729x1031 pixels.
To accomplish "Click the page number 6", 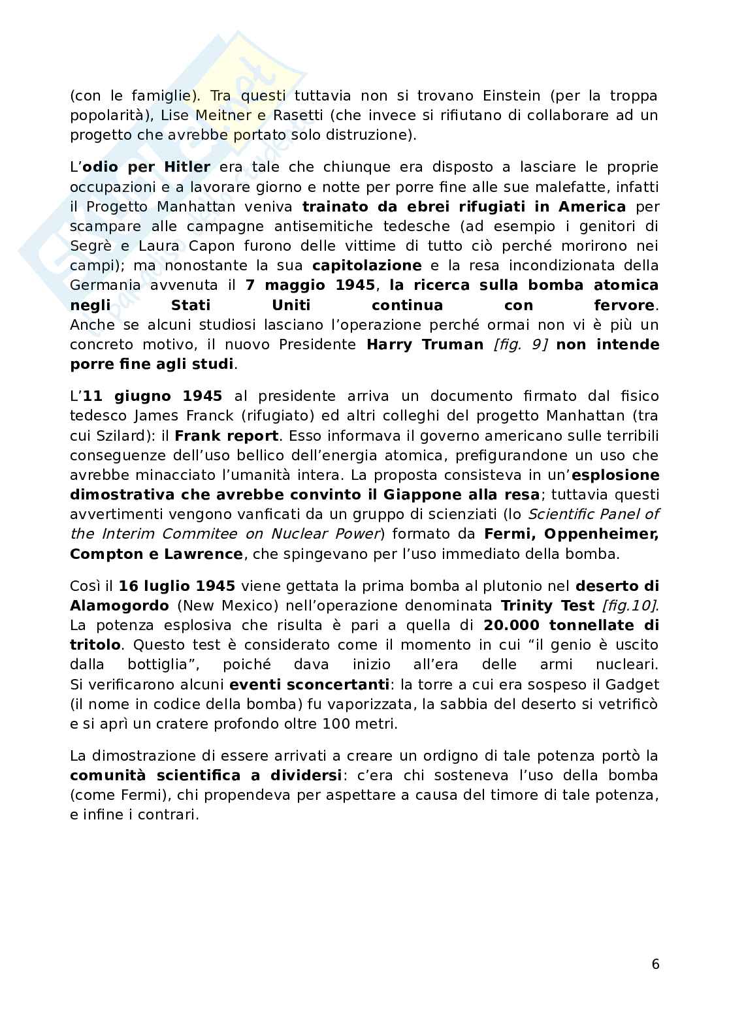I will (x=655, y=964).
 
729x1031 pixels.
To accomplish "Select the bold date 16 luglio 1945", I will (x=177, y=586).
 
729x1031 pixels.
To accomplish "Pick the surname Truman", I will (x=453, y=344).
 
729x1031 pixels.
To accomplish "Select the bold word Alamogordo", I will (x=120, y=605).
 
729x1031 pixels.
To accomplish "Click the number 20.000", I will (x=511, y=625).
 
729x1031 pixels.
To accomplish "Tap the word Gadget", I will (x=632, y=684).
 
